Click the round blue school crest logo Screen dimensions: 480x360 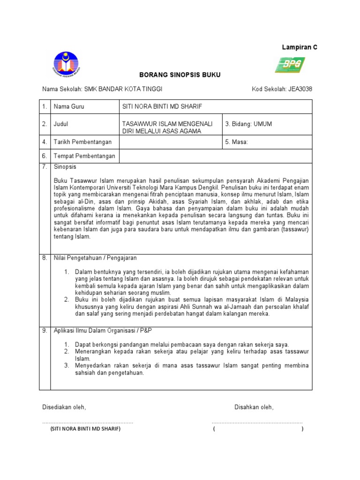tap(66, 64)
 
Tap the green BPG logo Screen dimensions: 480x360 tap(290, 65)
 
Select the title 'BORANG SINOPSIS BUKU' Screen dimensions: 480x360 tap(173, 75)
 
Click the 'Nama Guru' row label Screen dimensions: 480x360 tap(69, 107)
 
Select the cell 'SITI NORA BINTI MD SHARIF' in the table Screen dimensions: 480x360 tap(161, 107)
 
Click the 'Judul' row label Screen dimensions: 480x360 tap(62, 124)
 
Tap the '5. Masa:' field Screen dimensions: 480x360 tap(240, 142)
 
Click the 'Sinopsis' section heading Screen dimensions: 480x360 tap(65, 167)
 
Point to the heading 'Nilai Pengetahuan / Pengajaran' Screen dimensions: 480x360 tap(95, 258)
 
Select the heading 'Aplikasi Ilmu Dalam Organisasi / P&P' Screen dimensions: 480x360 tap(103, 330)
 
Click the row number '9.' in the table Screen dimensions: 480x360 tap(45, 330)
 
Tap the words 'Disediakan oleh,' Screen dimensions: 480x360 tap(64, 407)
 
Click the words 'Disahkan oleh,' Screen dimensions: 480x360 tap(254, 407)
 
